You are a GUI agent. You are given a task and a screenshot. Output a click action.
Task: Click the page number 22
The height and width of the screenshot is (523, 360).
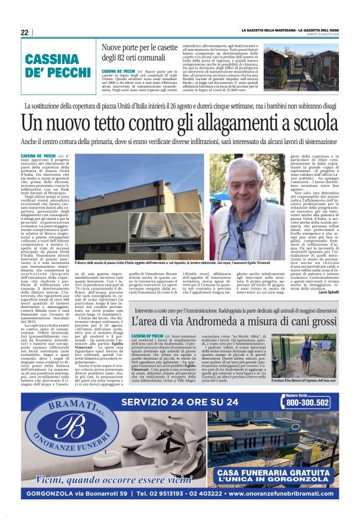coord(24,32)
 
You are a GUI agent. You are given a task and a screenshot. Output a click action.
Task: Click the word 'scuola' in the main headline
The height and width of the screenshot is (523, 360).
coord(310,124)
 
